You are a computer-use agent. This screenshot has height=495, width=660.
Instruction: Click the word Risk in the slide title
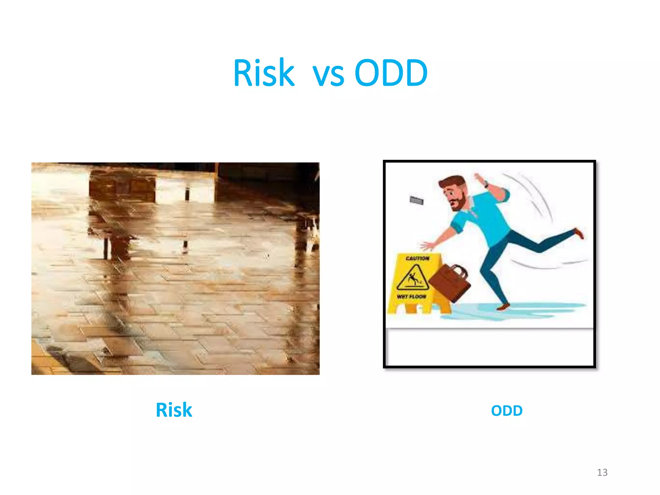(x=264, y=73)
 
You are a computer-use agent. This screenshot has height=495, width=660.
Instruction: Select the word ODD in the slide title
(x=391, y=73)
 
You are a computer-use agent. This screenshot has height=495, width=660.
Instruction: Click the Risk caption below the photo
(x=174, y=410)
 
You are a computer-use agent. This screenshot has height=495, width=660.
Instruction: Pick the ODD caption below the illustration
(x=507, y=411)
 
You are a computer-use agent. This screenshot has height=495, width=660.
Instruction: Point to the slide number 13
(x=602, y=472)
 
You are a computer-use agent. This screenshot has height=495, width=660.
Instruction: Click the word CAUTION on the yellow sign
(x=417, y=258)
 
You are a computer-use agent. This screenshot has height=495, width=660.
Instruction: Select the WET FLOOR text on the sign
(x=412, y=296)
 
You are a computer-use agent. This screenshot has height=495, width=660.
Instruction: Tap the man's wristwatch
(x=486, y=185)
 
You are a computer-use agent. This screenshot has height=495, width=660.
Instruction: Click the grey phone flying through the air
(x=416, y=200)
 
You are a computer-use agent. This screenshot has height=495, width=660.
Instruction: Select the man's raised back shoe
(x=579, y=233)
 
